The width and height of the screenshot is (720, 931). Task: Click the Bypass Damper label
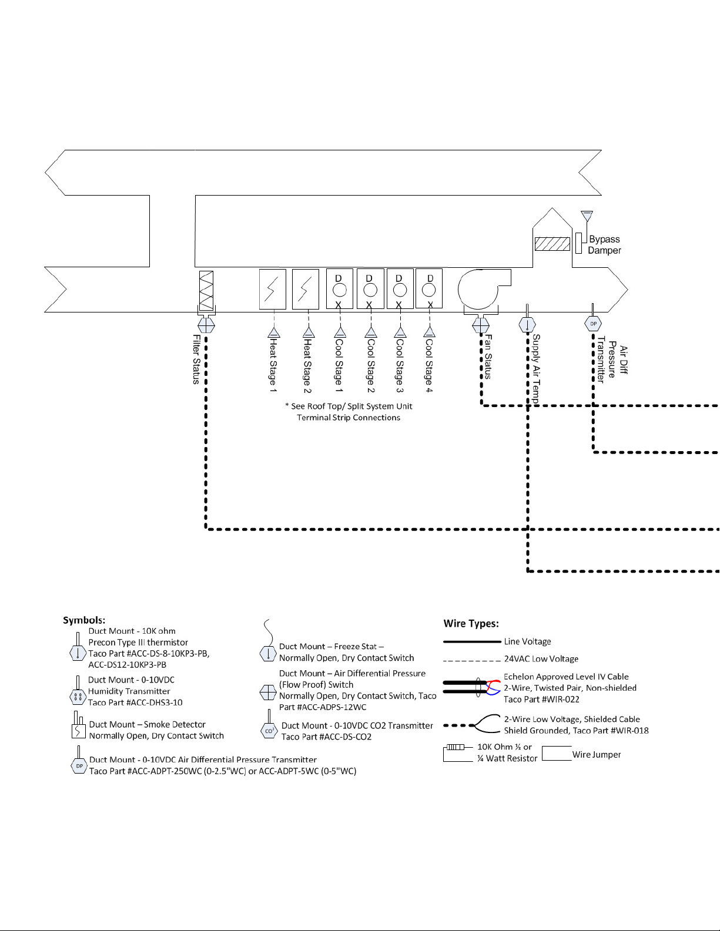coord(604,245)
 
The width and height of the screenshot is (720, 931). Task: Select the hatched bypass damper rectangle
coord(552,243)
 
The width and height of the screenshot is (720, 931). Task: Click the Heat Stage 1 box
coord(273,289)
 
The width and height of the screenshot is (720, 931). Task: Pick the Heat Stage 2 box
coord(306,289)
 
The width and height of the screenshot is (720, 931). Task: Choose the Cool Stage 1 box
coord(340,288)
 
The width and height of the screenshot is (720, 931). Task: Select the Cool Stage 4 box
coord(429,288)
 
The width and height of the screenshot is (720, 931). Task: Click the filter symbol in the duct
coord(206,291)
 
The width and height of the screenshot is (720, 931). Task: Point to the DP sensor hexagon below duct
coord(593,324)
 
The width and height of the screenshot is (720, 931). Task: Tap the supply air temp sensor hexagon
coord(527,324)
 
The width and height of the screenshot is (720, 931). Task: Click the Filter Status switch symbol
coord(206,324)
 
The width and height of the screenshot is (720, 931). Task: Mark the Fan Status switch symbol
coord(481,324)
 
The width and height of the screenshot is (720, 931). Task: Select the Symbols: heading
coord(84,620)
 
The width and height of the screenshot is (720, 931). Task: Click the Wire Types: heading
coord(471,624)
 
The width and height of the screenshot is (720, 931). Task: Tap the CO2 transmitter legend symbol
coord(269,730)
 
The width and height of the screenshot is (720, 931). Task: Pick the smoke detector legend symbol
coord(78,728)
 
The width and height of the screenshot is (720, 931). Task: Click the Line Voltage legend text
coord(527,642)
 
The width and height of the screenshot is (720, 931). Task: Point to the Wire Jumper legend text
coord(596,755)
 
